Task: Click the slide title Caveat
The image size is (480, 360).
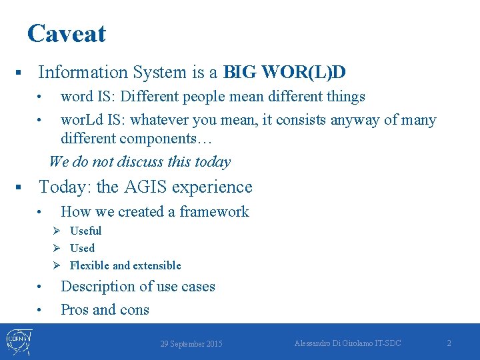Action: tap(66, 33)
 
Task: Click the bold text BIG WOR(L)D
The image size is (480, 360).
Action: tap(289, 72)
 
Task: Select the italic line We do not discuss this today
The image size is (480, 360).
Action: tap(139, 161)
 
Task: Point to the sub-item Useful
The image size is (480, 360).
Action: tap(85, 231)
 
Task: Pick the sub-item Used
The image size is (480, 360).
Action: tap(82, 248)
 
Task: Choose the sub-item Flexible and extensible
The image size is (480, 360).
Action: tap(125, 265)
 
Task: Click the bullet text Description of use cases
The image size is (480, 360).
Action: tap(137, 287)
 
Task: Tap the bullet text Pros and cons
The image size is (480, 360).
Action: tap(105, 310)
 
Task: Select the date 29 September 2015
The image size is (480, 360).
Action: tap(191, 344)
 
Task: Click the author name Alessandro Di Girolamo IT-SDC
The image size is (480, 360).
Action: tap(347, 343)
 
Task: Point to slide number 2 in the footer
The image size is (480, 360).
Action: tap(449, 343)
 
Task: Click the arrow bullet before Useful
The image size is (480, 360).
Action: tap(58, 231)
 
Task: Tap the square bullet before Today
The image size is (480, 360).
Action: tap(20, 188)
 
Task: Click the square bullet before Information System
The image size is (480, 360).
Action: tap(20, 72)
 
